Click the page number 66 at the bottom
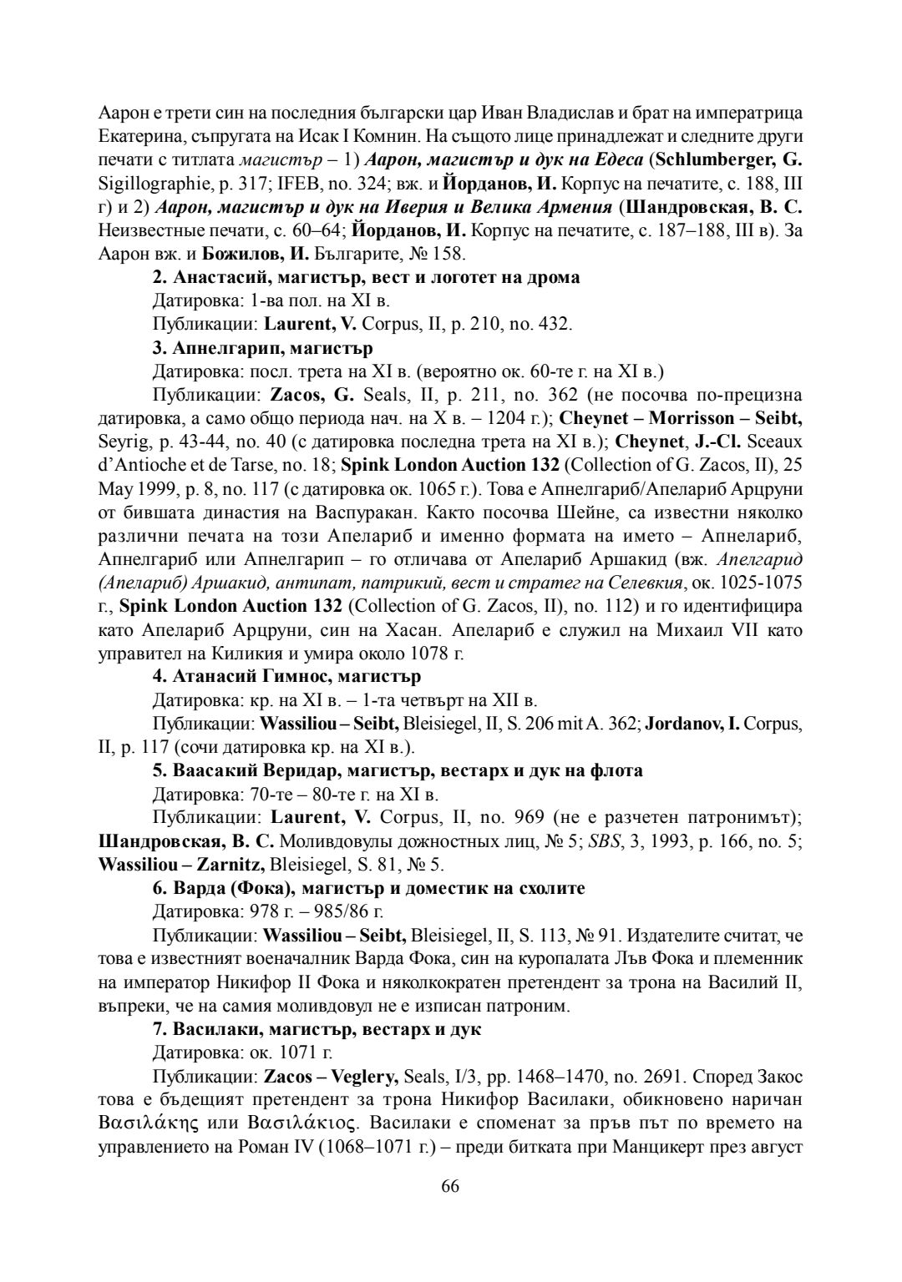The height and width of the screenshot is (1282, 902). [x=451, y=1187]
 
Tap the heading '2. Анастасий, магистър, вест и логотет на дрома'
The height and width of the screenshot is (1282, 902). [x=367, y=277]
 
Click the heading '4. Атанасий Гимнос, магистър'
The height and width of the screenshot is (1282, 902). [x=287, y=675]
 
